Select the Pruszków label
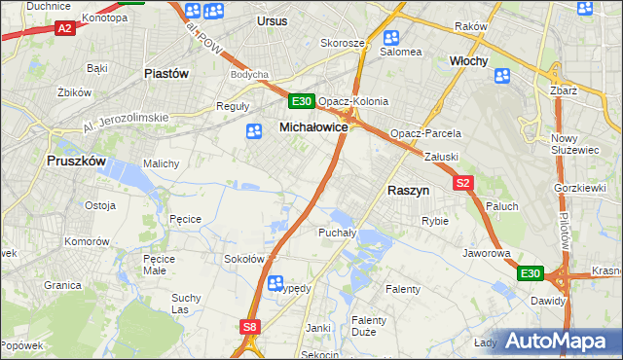[x=75, y=163]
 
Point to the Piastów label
[x=165, y=73]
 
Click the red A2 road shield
[x=63, y=28]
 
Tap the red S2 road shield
[x=462, y=182]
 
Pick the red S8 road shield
[x=251, y=328]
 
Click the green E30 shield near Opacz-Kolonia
[x=300, y=101]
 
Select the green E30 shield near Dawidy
[x=529, y=274]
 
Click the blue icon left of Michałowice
[x=254, y=131]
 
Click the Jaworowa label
[x=488, y=253]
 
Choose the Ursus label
[x=274, y=20]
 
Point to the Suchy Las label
[x=185, y=304]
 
